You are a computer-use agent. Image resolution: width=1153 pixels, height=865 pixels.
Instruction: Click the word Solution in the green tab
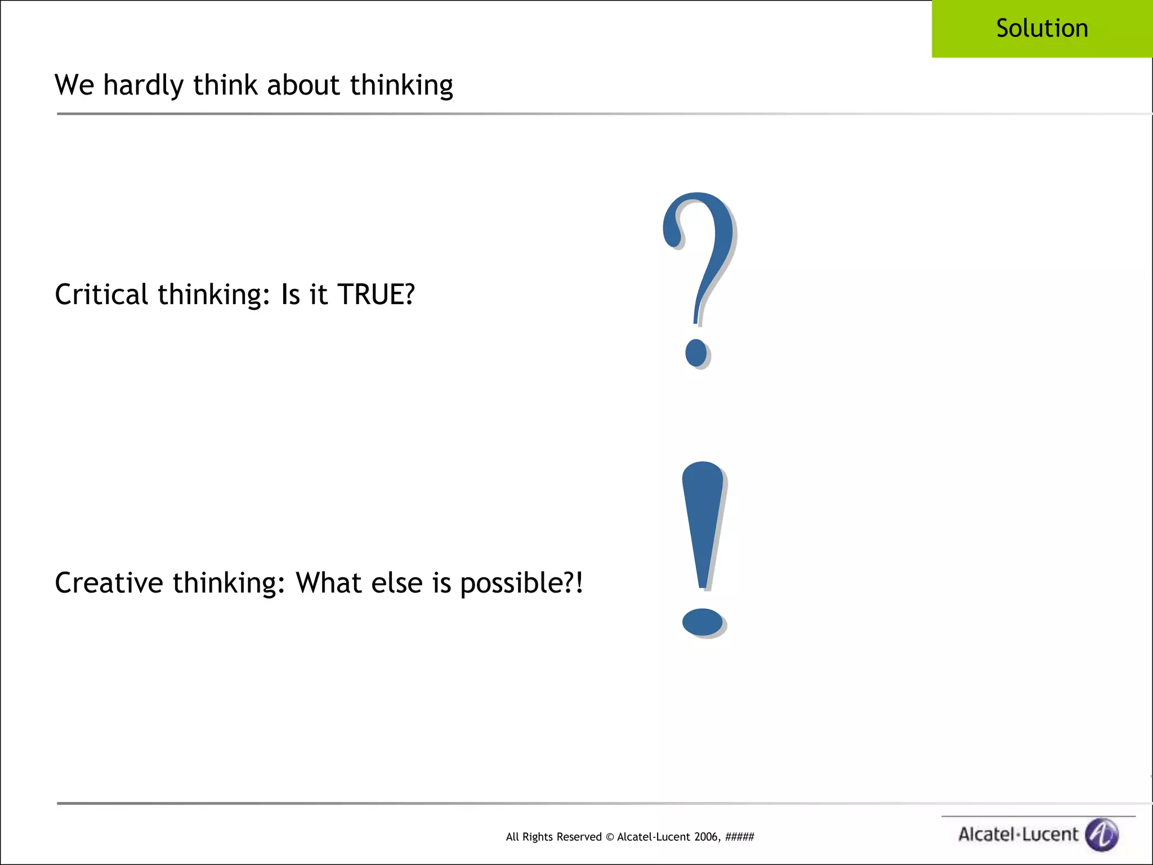pyautogui.click(x=1042, y=28)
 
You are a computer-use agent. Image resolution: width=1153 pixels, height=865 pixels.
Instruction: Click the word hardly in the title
pyautogui.click(x=143, y=86)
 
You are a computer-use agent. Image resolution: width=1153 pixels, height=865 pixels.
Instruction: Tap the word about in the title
pyautogui.click(x=303, y=85)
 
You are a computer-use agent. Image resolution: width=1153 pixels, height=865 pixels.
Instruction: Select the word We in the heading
pyautogui.click(x=74, y=85)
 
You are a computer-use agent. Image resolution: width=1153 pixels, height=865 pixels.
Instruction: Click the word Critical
pyautogui.click(x=101, y=295)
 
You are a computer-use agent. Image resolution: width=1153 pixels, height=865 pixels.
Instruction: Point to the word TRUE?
pyautogui.click(x=376, y=295)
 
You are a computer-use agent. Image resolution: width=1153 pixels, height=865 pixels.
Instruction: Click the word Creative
pyautogui.click(x=109, y=582)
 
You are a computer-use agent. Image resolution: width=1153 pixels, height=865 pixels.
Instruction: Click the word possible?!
pyautogui.click(x=521, y=583)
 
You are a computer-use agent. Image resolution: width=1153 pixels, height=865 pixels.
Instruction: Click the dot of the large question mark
pyautogui.click(x=696, y=353)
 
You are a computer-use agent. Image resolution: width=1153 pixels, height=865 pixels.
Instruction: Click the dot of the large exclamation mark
pyautogui.click(x=702, y=622)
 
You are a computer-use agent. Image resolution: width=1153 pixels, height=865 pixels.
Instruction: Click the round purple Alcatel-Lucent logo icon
pyautogui.click(x=1102, y=834)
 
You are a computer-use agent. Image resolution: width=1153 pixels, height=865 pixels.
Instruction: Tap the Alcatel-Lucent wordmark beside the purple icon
pyautogui.click(x=1018, y=835)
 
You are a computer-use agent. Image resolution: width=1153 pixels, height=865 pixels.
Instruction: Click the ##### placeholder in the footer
pyautogui.click(x=739, y=837)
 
